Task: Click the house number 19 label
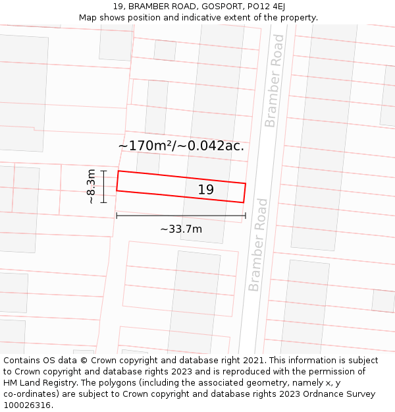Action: tap(206, 190)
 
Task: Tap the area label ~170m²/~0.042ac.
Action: tap(181, 146)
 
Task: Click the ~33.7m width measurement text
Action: tap(181, 229)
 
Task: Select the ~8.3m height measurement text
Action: tap(92, 187)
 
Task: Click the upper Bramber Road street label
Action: tap(275, 81)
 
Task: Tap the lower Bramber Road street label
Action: tap(259, 245)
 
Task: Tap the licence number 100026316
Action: tap(27, 405)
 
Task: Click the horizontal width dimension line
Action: tap(181, 216)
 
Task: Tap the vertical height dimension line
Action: tap(103, 187)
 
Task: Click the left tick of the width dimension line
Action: tap(117, 216)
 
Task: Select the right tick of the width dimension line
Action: tap(246, 216)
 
